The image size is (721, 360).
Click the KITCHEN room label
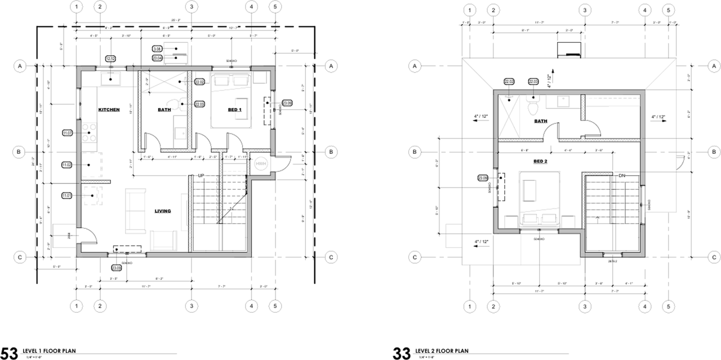[x=109, y=109]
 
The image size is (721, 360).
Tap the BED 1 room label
[x=234, y=109]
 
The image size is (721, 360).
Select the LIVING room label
[x=163, y=211]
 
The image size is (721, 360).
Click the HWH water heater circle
[x=260, y=164]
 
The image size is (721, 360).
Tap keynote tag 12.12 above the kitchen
[x=110, y=59]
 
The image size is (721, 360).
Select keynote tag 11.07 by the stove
[x=68, y=133]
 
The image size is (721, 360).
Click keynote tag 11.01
[x=67, y=195]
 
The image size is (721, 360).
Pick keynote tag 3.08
[x=157, y=50]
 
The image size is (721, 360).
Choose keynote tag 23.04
[x=157, y=57]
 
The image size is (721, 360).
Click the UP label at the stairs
[x=201, y=176]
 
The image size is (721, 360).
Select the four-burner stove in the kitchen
[x=90, y=135]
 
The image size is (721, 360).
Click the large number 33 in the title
[x=402, y=353]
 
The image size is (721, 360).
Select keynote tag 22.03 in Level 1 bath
[x=199, y=104]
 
